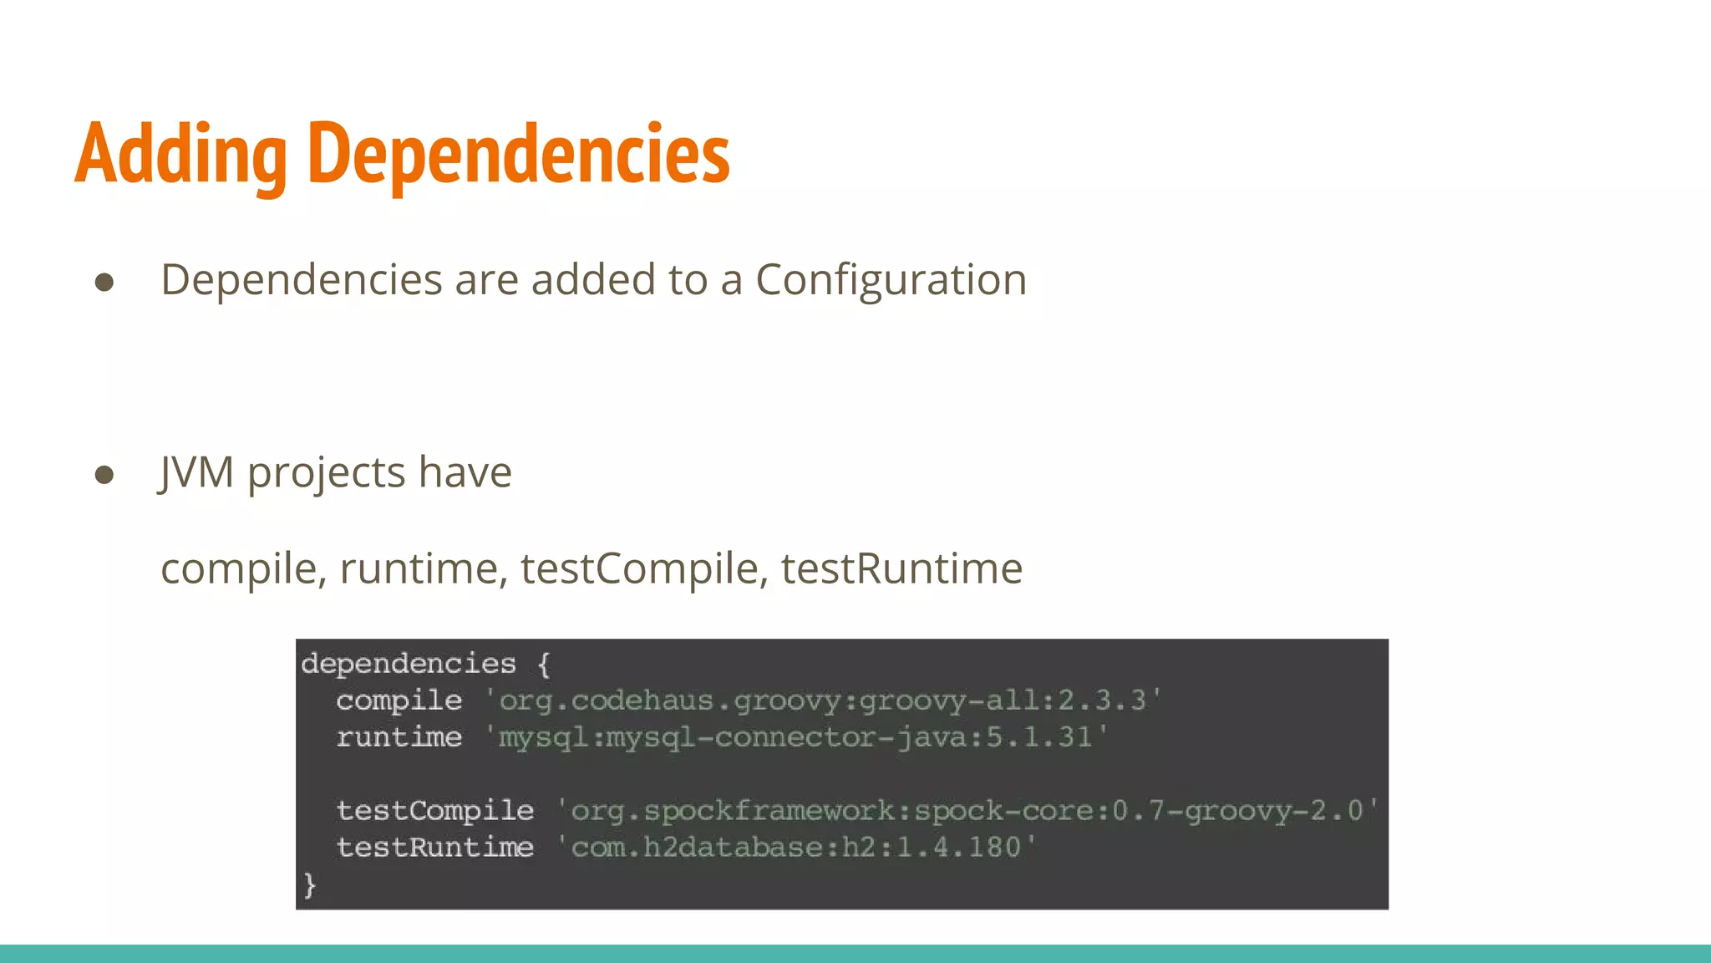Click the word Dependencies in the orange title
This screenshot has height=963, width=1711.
[x=519, y=154]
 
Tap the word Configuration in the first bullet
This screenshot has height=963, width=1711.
[x=891, y=280]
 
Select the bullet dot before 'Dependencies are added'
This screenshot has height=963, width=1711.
[x=104, y=283]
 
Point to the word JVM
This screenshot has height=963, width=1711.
[x=196, y=472]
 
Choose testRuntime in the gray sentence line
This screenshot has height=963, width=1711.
[x=901, y=569]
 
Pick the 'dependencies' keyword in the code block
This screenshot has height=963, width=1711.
[x=409, y=664]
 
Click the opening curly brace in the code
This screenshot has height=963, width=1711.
[x=544, y=665]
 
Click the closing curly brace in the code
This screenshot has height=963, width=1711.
[x=309, y=884]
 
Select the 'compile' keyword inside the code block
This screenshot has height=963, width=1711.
[x=399, y=701]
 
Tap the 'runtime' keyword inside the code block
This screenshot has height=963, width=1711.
[x=399, y=737]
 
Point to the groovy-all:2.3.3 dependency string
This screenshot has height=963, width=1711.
[x=823, y=701]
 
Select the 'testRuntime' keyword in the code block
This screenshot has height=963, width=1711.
[x=434, y=848]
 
